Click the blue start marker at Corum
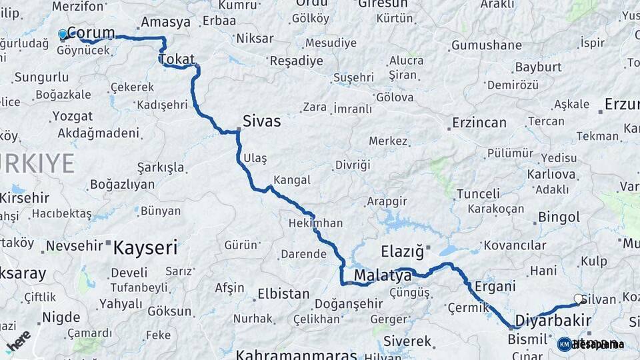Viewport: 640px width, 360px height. (x=63, y=34)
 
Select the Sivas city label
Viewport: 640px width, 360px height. (x=261, y=122)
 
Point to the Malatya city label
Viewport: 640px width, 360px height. (x=383, y=275)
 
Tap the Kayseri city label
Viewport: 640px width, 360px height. (x=145, y=249)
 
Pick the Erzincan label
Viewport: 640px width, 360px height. (x=479, y=123)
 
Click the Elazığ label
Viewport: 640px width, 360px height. (x=402, y=252)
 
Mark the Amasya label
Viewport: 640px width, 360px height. (x=166, y=22)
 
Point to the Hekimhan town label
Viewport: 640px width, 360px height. (x=315, y=223)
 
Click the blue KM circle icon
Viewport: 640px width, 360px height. (x=564, y=344)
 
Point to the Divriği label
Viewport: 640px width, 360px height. (x=352, y=165)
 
